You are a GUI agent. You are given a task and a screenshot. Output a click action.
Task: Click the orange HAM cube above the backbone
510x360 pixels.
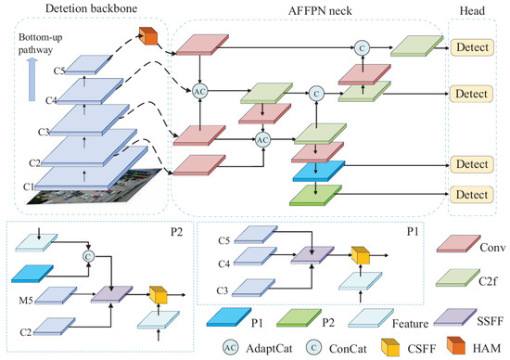[x=148, y=36]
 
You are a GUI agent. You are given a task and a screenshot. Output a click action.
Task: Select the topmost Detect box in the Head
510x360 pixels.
[x=472, y=47]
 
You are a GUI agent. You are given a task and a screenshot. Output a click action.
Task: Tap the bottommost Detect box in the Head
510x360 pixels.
[x=472, y=195]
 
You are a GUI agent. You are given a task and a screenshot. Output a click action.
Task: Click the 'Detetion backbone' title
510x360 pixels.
[x=91, y=8]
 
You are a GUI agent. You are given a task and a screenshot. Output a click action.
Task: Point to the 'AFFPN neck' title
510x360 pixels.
[x=320, y=11]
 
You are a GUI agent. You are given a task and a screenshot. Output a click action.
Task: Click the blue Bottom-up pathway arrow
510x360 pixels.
[x=32, y=80]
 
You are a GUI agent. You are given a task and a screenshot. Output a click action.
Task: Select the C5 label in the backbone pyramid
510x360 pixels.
[x=59, y=71]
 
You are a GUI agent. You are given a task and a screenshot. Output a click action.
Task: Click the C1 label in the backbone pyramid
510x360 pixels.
[x=29, y=186]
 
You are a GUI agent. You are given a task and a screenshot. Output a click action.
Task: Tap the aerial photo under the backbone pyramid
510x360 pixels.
[x=95, y=187]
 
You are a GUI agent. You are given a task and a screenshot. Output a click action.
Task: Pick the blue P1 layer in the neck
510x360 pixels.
[x=318, y=171]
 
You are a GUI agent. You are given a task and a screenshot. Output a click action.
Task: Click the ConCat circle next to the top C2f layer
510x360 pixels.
[x=362, y=48]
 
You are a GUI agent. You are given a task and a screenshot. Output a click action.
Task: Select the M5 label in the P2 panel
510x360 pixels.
[x=26, y=300]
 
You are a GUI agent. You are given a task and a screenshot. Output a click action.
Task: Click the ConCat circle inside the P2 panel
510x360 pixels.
[x=88, y=257]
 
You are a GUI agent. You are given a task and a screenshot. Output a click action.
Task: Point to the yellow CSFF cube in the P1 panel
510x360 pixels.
[x=361, y=255]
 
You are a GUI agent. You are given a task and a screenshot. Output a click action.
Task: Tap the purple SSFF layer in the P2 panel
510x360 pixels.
[x=112, y=294]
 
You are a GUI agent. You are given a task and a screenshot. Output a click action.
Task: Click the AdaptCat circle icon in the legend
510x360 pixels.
[x=231, y=348]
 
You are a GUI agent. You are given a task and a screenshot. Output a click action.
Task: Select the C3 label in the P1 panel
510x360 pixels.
[x=223, y=290]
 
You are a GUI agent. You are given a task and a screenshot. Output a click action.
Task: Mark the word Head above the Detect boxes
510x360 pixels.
[x=472, y=11]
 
